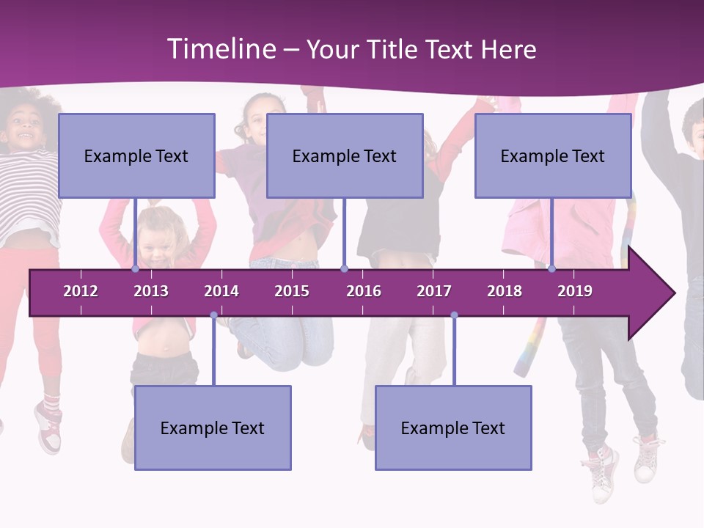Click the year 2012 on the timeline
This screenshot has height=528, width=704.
tap(81, 291)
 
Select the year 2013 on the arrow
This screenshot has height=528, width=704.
tap(151, 291)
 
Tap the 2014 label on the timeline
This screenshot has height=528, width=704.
tap(221, 291)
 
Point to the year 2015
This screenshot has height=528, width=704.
tap(292, 291)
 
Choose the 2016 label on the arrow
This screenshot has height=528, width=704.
tap(364, 291)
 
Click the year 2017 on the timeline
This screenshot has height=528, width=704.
tap(434, 291)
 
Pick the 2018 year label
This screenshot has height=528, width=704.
tap(505, 291)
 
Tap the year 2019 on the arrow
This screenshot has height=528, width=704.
tap(575, 291)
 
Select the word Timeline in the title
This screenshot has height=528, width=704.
tap(220, 49)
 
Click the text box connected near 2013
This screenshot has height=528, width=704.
tap(136, 155)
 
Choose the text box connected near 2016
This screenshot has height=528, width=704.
tap(345, 155)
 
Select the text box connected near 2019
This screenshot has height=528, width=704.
tap(553, 155)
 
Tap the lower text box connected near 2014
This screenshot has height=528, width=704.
tap(213, 428)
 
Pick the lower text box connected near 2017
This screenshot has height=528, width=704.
tap(453, 428)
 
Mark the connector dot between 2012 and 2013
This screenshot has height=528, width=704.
tap(135, 269)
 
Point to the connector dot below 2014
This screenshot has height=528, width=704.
tap(213, 315)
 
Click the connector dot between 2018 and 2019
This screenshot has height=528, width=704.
tap(551, 269)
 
